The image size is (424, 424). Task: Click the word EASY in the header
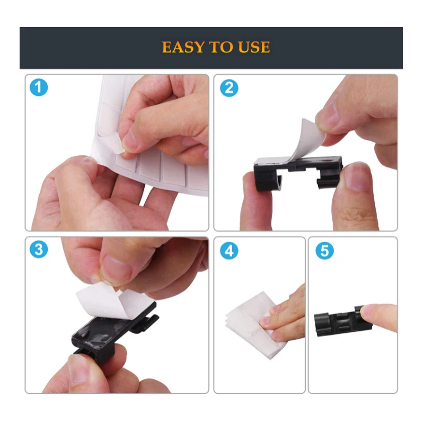coord(184,47)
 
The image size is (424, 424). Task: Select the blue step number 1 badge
coord(38,87)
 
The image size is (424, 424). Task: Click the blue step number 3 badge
coord(38,250)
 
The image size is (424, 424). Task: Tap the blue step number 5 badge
coord(324,250)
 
